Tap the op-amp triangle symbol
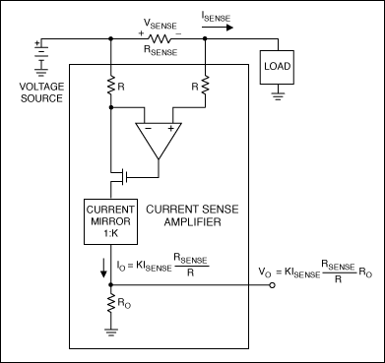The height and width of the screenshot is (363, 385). (x=158, y=142)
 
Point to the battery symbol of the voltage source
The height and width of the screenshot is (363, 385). (x=39, y=51)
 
